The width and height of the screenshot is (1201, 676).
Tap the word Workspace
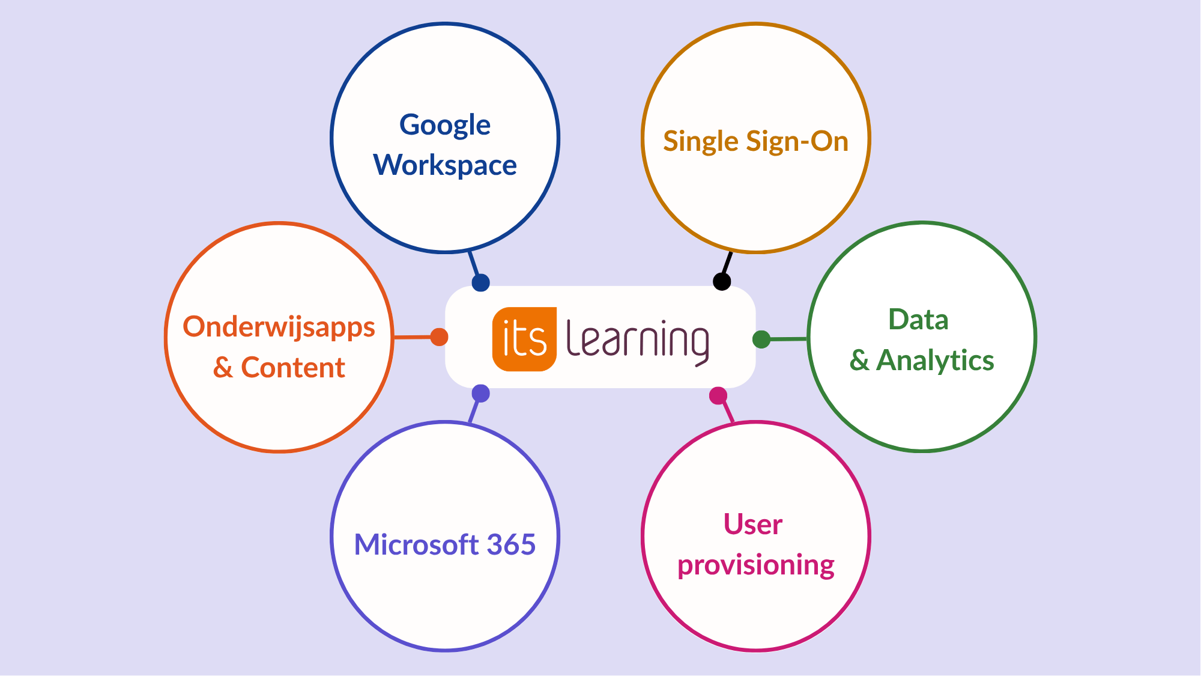pos(445,165)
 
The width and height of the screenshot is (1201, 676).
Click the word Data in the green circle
pos(918,320)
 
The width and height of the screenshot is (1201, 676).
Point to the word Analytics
pos(935,361)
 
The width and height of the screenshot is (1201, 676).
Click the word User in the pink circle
pos(753,524)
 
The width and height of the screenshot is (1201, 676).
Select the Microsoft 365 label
pos(445,544)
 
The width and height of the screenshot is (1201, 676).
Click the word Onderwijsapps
pos(279,328)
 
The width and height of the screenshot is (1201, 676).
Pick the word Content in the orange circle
pos(293,368)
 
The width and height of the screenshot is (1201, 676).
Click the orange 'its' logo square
pos(524,340)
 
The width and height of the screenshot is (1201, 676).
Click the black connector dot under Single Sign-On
pos(722,281)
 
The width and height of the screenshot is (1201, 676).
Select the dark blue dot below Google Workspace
pos(480,282)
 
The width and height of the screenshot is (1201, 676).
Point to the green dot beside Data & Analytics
pos(761,340)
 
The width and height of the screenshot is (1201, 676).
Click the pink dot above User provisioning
pos(718,396)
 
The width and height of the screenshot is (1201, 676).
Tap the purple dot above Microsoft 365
pos(481,394)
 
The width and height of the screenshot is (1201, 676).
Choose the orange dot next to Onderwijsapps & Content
pos(439,337)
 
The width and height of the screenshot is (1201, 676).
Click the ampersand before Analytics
pos(859,361)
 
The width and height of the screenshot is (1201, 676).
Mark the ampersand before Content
pos(223,368)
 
